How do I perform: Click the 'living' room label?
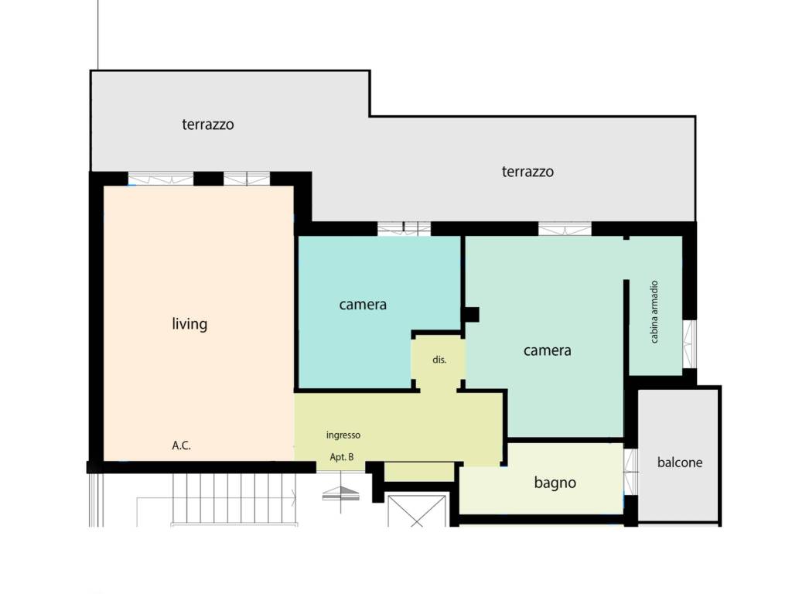[x=189, y=324]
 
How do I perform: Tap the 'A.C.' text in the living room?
[x=181, y=445]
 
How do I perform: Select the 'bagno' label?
[x=555, y=483]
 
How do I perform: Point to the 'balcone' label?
[x=679, y=463]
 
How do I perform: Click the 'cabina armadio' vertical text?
[x=654, y=312]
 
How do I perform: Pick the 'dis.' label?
[x=439, y=360]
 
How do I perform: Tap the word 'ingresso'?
[x=343, y=435]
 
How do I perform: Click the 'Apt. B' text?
[x=341, y=457]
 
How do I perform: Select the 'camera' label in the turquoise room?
[x=363, y=305]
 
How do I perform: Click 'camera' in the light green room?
[x=547, y=350]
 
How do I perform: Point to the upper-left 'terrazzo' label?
[x=207, y=125]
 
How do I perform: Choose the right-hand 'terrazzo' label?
[x=527, y=172]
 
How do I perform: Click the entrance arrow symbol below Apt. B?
[x=341, y=493]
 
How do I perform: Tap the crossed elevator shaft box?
[x=417, y=510]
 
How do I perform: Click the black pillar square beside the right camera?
[x=471, y=315]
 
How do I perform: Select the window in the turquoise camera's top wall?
[x=404, y=229]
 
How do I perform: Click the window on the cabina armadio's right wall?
[x=689, y=344]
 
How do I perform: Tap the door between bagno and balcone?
[x=631, y=472]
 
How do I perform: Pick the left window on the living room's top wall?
[x=161, y=179]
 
